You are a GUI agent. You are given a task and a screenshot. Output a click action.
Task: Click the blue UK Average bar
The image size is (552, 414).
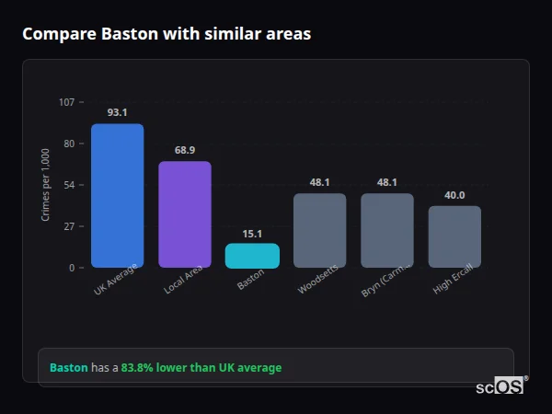(117, 196)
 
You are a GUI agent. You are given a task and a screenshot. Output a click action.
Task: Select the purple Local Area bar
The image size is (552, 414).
(185, 214)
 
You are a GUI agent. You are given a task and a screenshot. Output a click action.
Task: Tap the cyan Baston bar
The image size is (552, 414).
(252, 256)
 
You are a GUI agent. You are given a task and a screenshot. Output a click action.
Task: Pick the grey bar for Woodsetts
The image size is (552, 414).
(320, 230)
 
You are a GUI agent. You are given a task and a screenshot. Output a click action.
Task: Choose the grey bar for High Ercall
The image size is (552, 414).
(454, 236)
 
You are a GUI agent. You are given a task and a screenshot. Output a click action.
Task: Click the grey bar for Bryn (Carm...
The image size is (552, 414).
(387, 230)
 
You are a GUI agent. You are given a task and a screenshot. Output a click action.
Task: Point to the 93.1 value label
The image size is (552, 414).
(117, 112)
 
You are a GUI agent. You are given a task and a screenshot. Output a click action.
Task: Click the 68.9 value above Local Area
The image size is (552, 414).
(185, 150)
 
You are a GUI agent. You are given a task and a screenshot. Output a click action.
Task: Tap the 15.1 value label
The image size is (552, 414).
(252, 234)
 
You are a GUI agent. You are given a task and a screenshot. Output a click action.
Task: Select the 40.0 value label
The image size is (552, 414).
(454, 195)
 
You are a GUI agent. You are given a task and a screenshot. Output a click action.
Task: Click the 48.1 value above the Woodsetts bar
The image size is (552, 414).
(320, 182)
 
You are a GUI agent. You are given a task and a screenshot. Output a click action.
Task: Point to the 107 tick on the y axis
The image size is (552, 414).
(66, 102)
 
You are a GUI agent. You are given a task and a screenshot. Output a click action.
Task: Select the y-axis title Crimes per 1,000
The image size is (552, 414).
(45, 185)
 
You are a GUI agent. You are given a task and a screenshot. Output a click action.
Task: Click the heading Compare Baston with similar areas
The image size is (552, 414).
(167, 34)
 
